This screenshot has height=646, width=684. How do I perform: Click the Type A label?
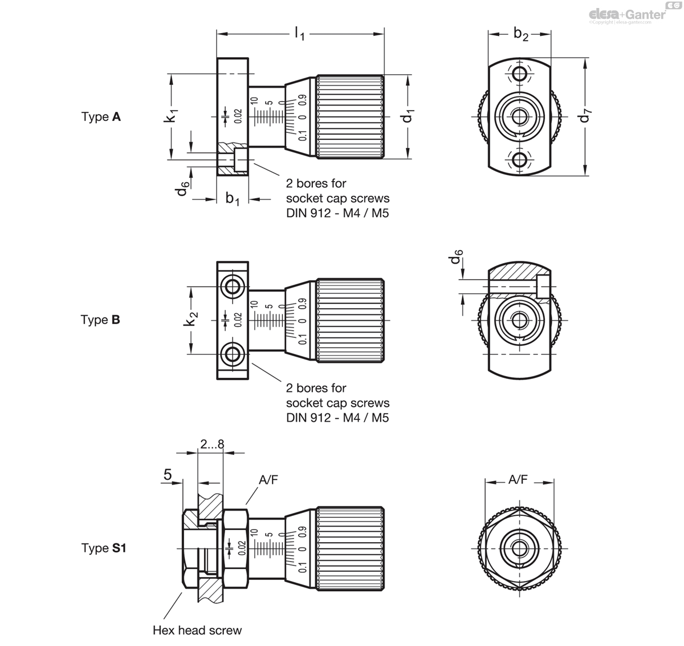click(x=101, y=117)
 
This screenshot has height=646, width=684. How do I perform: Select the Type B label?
click(x=100, y=320)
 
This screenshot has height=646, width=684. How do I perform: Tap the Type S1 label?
click(x=103, y=548)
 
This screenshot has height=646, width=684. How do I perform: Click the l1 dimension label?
click(x=299, y=35)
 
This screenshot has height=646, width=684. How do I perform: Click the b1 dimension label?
click(x=233, y=199)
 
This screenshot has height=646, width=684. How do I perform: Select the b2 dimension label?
click(x=520, y=34)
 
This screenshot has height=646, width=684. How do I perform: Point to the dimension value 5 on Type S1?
click(x=168, y=475)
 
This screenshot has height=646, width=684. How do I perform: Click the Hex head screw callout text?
click(x=197, y=630)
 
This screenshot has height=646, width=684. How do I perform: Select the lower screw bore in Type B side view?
click(x=233, y=355)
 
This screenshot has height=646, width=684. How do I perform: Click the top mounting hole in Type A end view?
click(x=519, y=74)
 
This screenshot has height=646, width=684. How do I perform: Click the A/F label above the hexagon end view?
click(x=518, y=481)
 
